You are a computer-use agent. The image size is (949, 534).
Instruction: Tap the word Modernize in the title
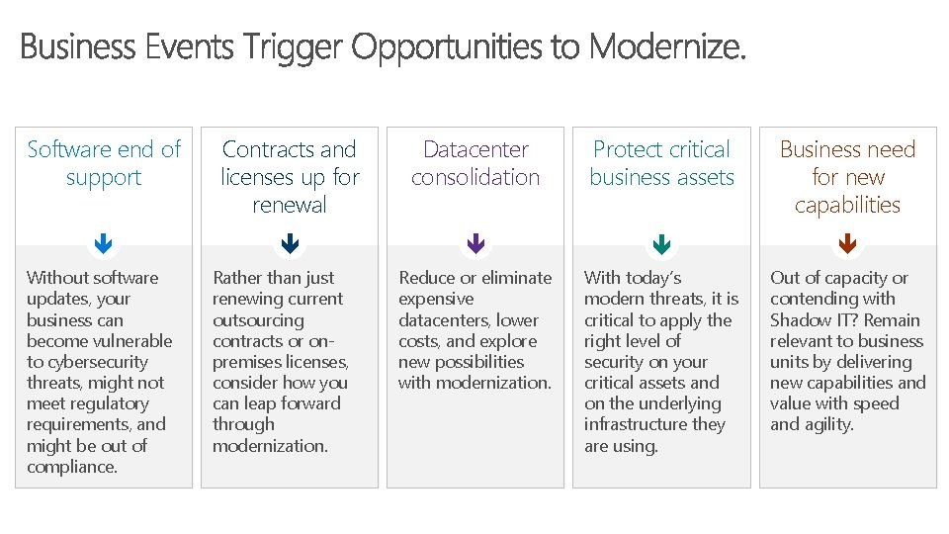(x=665, y=46)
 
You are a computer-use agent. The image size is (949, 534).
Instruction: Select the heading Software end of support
(x=104, y=163)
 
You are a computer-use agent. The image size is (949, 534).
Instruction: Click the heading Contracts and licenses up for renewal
(x=290, y=177)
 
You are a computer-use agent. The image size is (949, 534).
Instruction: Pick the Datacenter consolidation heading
(x=475, y=163)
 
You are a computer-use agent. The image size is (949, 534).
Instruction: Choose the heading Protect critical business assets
(x=661, y=163)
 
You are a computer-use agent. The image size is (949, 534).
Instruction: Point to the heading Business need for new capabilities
(x=847, y=177)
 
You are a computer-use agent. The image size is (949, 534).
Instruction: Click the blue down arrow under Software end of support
(x=104, y=243)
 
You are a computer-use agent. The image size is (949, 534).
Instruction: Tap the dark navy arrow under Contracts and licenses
(x=290, y=243)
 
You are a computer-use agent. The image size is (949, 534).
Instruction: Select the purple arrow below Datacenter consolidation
(x=475, y=243)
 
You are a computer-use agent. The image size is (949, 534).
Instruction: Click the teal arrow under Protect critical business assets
(x=661, y=243)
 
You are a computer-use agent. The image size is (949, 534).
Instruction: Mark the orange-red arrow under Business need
(x=847, y=243)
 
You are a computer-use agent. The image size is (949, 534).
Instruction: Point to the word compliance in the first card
(x=70, y=467)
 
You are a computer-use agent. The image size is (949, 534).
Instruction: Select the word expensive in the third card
(x=436, y=299)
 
